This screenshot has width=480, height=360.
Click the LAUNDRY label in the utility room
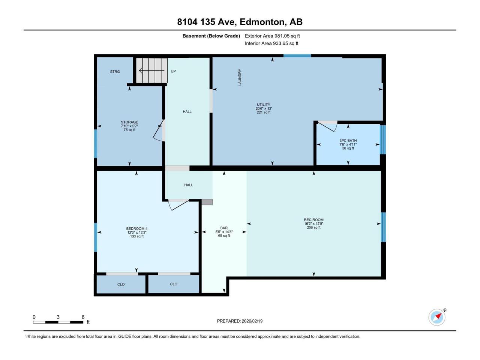point(240,77)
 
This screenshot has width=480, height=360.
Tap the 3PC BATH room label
point(348,141)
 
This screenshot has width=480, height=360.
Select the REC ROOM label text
point(313,220)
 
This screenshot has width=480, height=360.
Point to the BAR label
point(224,228)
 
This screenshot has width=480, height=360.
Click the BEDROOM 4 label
point(137,229)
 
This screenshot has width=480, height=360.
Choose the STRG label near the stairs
point(115,72)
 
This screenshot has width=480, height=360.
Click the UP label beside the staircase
point(173,71)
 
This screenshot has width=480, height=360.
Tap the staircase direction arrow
point(151,70)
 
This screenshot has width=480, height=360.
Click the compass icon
point(437,317)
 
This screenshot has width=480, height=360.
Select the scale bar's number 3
point(58,317)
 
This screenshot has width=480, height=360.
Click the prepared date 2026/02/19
point(252,321)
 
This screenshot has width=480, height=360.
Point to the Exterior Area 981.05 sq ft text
point(272,36)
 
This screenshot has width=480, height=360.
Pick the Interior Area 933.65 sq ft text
point(271,43)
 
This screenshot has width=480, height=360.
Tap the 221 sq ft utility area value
point(264,112)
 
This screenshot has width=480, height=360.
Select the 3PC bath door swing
point(327,126)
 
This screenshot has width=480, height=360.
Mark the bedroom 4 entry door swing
point(178,205)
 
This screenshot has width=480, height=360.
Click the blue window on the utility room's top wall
point(297,56)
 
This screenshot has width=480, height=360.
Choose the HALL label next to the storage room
point(187,111)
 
